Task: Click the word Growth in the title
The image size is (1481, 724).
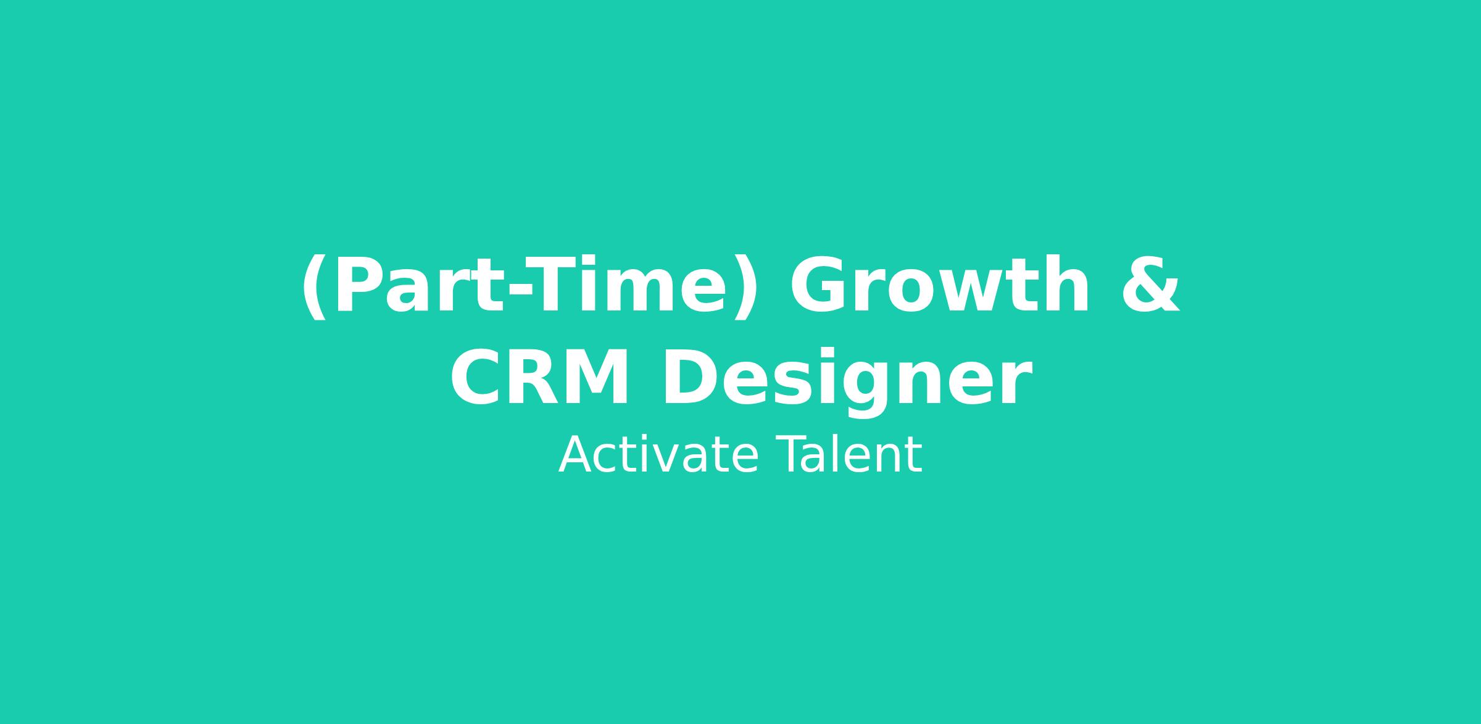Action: coord(940,285)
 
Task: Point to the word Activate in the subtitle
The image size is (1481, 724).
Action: coord(658,455)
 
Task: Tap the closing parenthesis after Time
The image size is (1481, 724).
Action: coord(744,288)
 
